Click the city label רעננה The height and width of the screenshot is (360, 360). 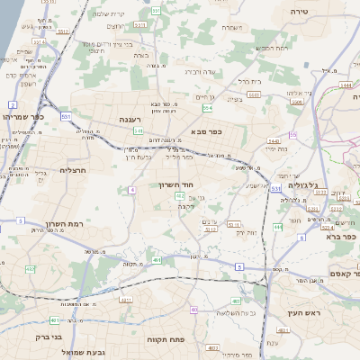point(132,118)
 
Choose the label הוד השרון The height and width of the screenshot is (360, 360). point(168,184)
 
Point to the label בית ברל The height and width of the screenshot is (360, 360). point(250,81)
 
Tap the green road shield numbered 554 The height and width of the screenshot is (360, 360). point(208,108)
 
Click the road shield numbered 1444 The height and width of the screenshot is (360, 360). point(346,85)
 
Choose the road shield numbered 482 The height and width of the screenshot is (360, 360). point(31,268)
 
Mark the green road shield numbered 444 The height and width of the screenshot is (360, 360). point(277,228)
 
